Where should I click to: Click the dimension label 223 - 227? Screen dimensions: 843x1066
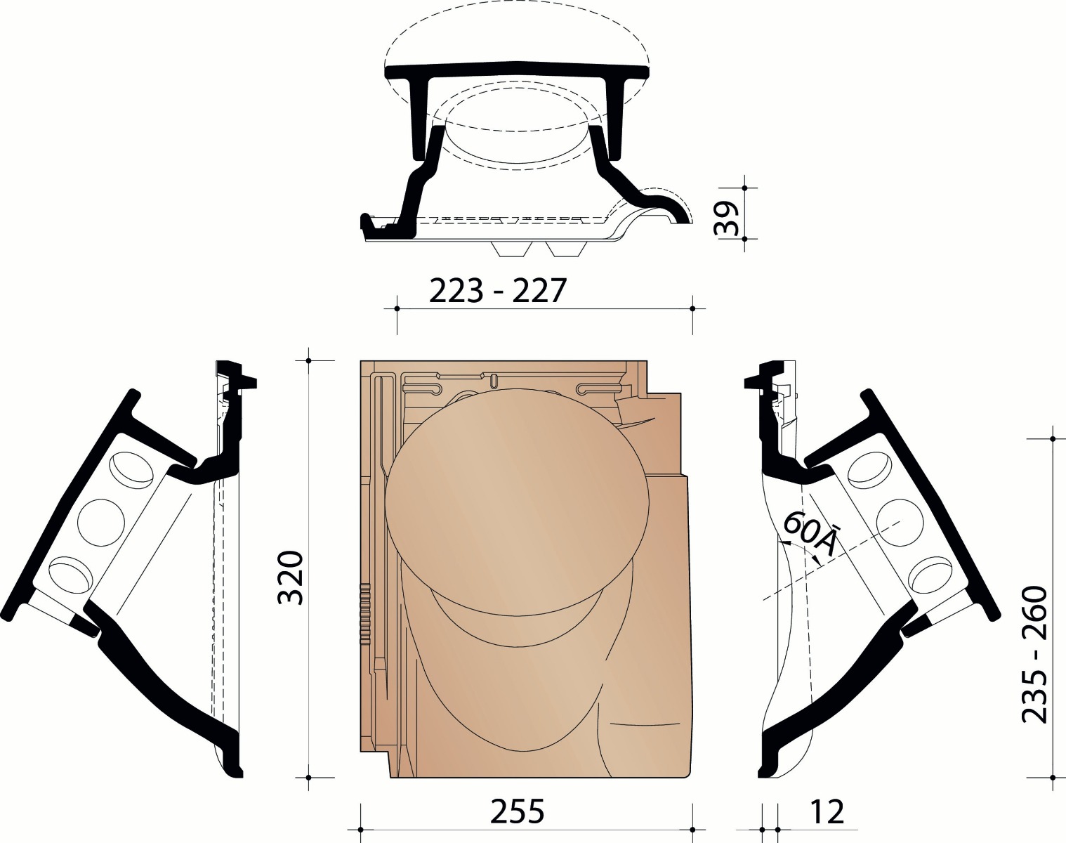(497, 290)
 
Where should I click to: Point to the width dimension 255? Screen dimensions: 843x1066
(518, 813)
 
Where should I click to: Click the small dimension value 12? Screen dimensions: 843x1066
(826, 813)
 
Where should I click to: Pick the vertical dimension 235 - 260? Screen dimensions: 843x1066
(1034, 655)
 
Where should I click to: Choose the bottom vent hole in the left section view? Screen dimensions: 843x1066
(71, 573)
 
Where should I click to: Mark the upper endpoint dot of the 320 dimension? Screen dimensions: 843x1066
(309, 360)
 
